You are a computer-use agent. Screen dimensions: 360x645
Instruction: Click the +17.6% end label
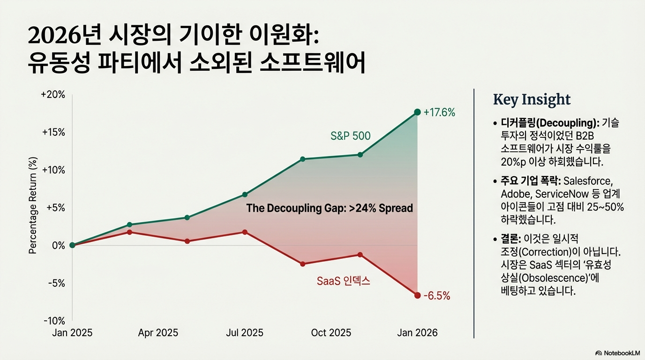(x=439, y=112)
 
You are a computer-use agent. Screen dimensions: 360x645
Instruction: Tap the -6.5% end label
(x=436, y=296)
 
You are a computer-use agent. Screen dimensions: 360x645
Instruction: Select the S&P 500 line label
(x=350, y=136)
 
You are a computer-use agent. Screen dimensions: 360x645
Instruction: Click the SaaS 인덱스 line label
(x=343, y=281)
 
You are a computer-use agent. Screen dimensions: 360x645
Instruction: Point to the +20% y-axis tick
(x=53, y=95)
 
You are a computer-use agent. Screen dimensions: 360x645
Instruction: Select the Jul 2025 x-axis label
(x=244, y=333)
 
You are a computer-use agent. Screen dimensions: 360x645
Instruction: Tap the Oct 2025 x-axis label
(x=331, y=333)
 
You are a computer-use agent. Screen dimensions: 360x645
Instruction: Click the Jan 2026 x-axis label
(x=417, y=333)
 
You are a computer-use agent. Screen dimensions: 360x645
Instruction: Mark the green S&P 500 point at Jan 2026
(x=417, y=112)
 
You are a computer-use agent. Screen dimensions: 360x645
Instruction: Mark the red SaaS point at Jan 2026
(x=417, y=295)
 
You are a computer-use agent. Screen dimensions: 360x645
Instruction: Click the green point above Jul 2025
(x=244, y=195)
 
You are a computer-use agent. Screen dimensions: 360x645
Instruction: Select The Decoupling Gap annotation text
(x=330, y=209)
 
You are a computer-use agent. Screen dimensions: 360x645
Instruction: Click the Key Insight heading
(x=532, y=99)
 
